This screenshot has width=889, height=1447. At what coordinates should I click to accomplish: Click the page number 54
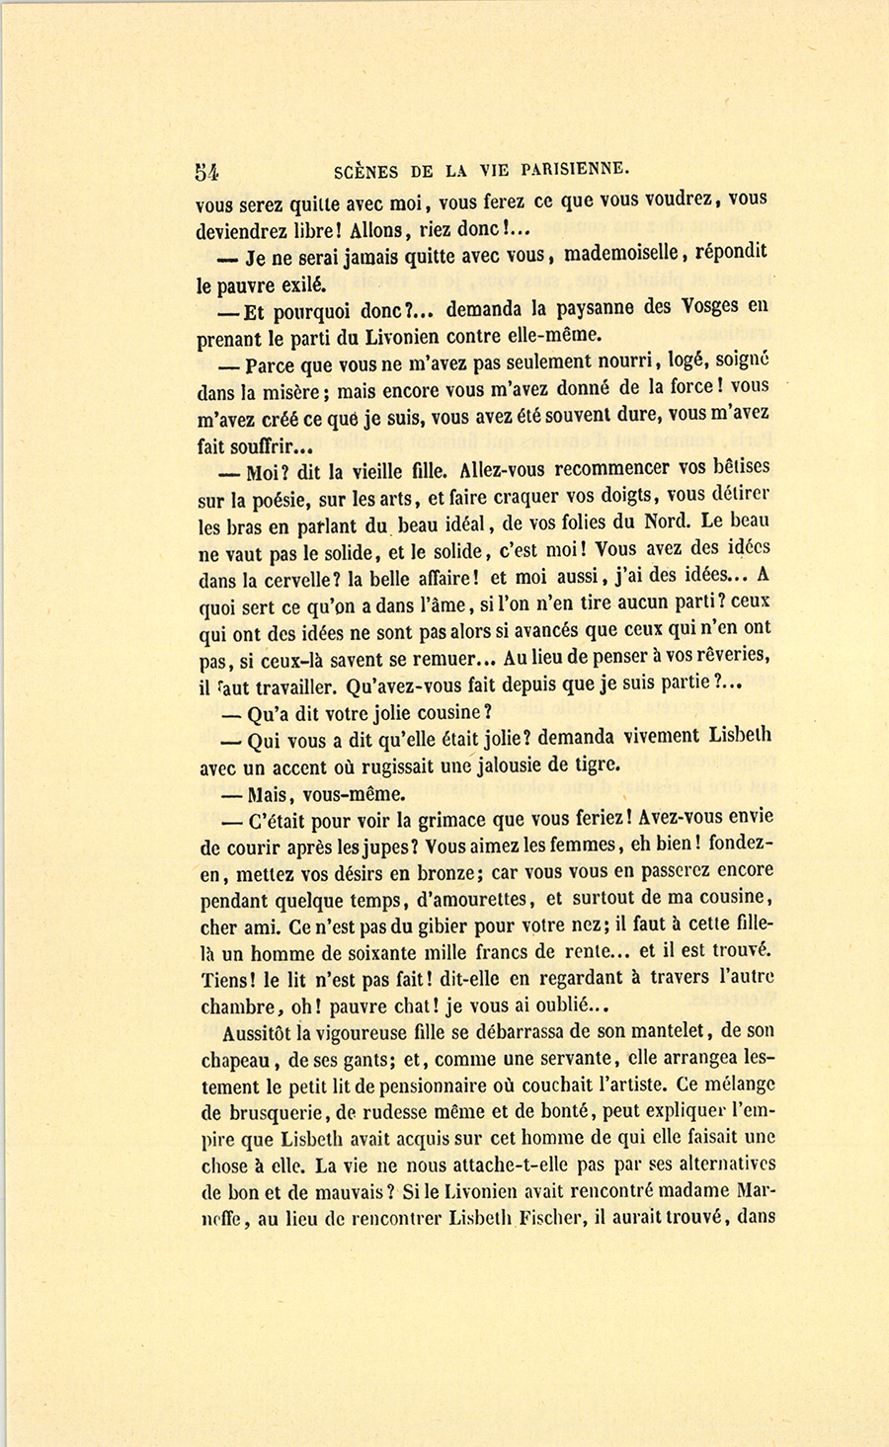206,170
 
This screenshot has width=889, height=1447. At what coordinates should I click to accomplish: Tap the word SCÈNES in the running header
366,170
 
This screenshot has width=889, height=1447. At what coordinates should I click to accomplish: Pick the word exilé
296,284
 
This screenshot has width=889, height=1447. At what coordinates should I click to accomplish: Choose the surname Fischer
548,1219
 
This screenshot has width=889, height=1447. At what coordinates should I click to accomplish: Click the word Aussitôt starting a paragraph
260,1033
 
